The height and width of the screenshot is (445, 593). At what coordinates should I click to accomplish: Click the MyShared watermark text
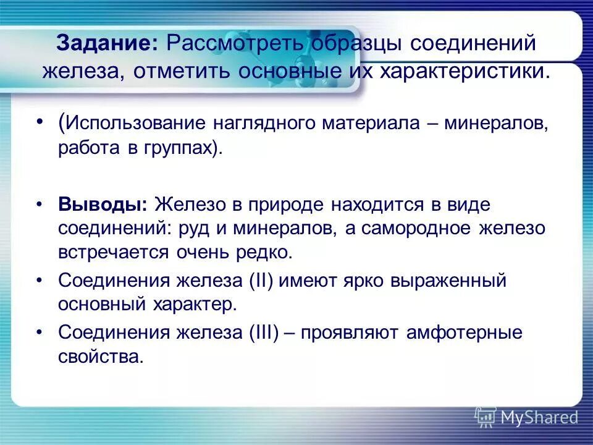pos(539,417)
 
